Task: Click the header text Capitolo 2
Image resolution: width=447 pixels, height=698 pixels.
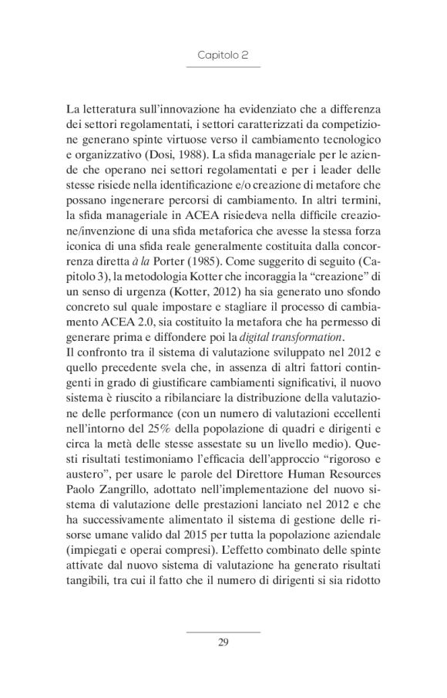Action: (223, 56)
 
